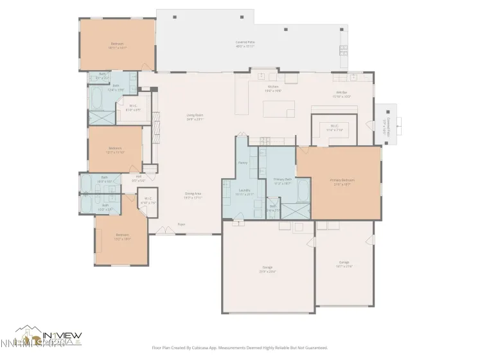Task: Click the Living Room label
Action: click(x=195, y=117)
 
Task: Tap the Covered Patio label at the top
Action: click(x=245, y=44)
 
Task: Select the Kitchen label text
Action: click(x=273, y=88)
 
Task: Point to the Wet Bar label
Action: click(x=342, y=94)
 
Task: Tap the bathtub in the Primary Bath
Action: click(x=303, y=192)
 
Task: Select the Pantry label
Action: click(x=242, y=163)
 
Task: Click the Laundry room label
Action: click(x=244, y=191)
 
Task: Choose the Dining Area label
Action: click(x=193, y=195)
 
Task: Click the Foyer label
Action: click(x=182, y=224)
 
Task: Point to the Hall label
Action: click(x=139, y=177)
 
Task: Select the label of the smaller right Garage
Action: click(x=344, y=263)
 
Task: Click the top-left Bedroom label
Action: click(x=118, y=45)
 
